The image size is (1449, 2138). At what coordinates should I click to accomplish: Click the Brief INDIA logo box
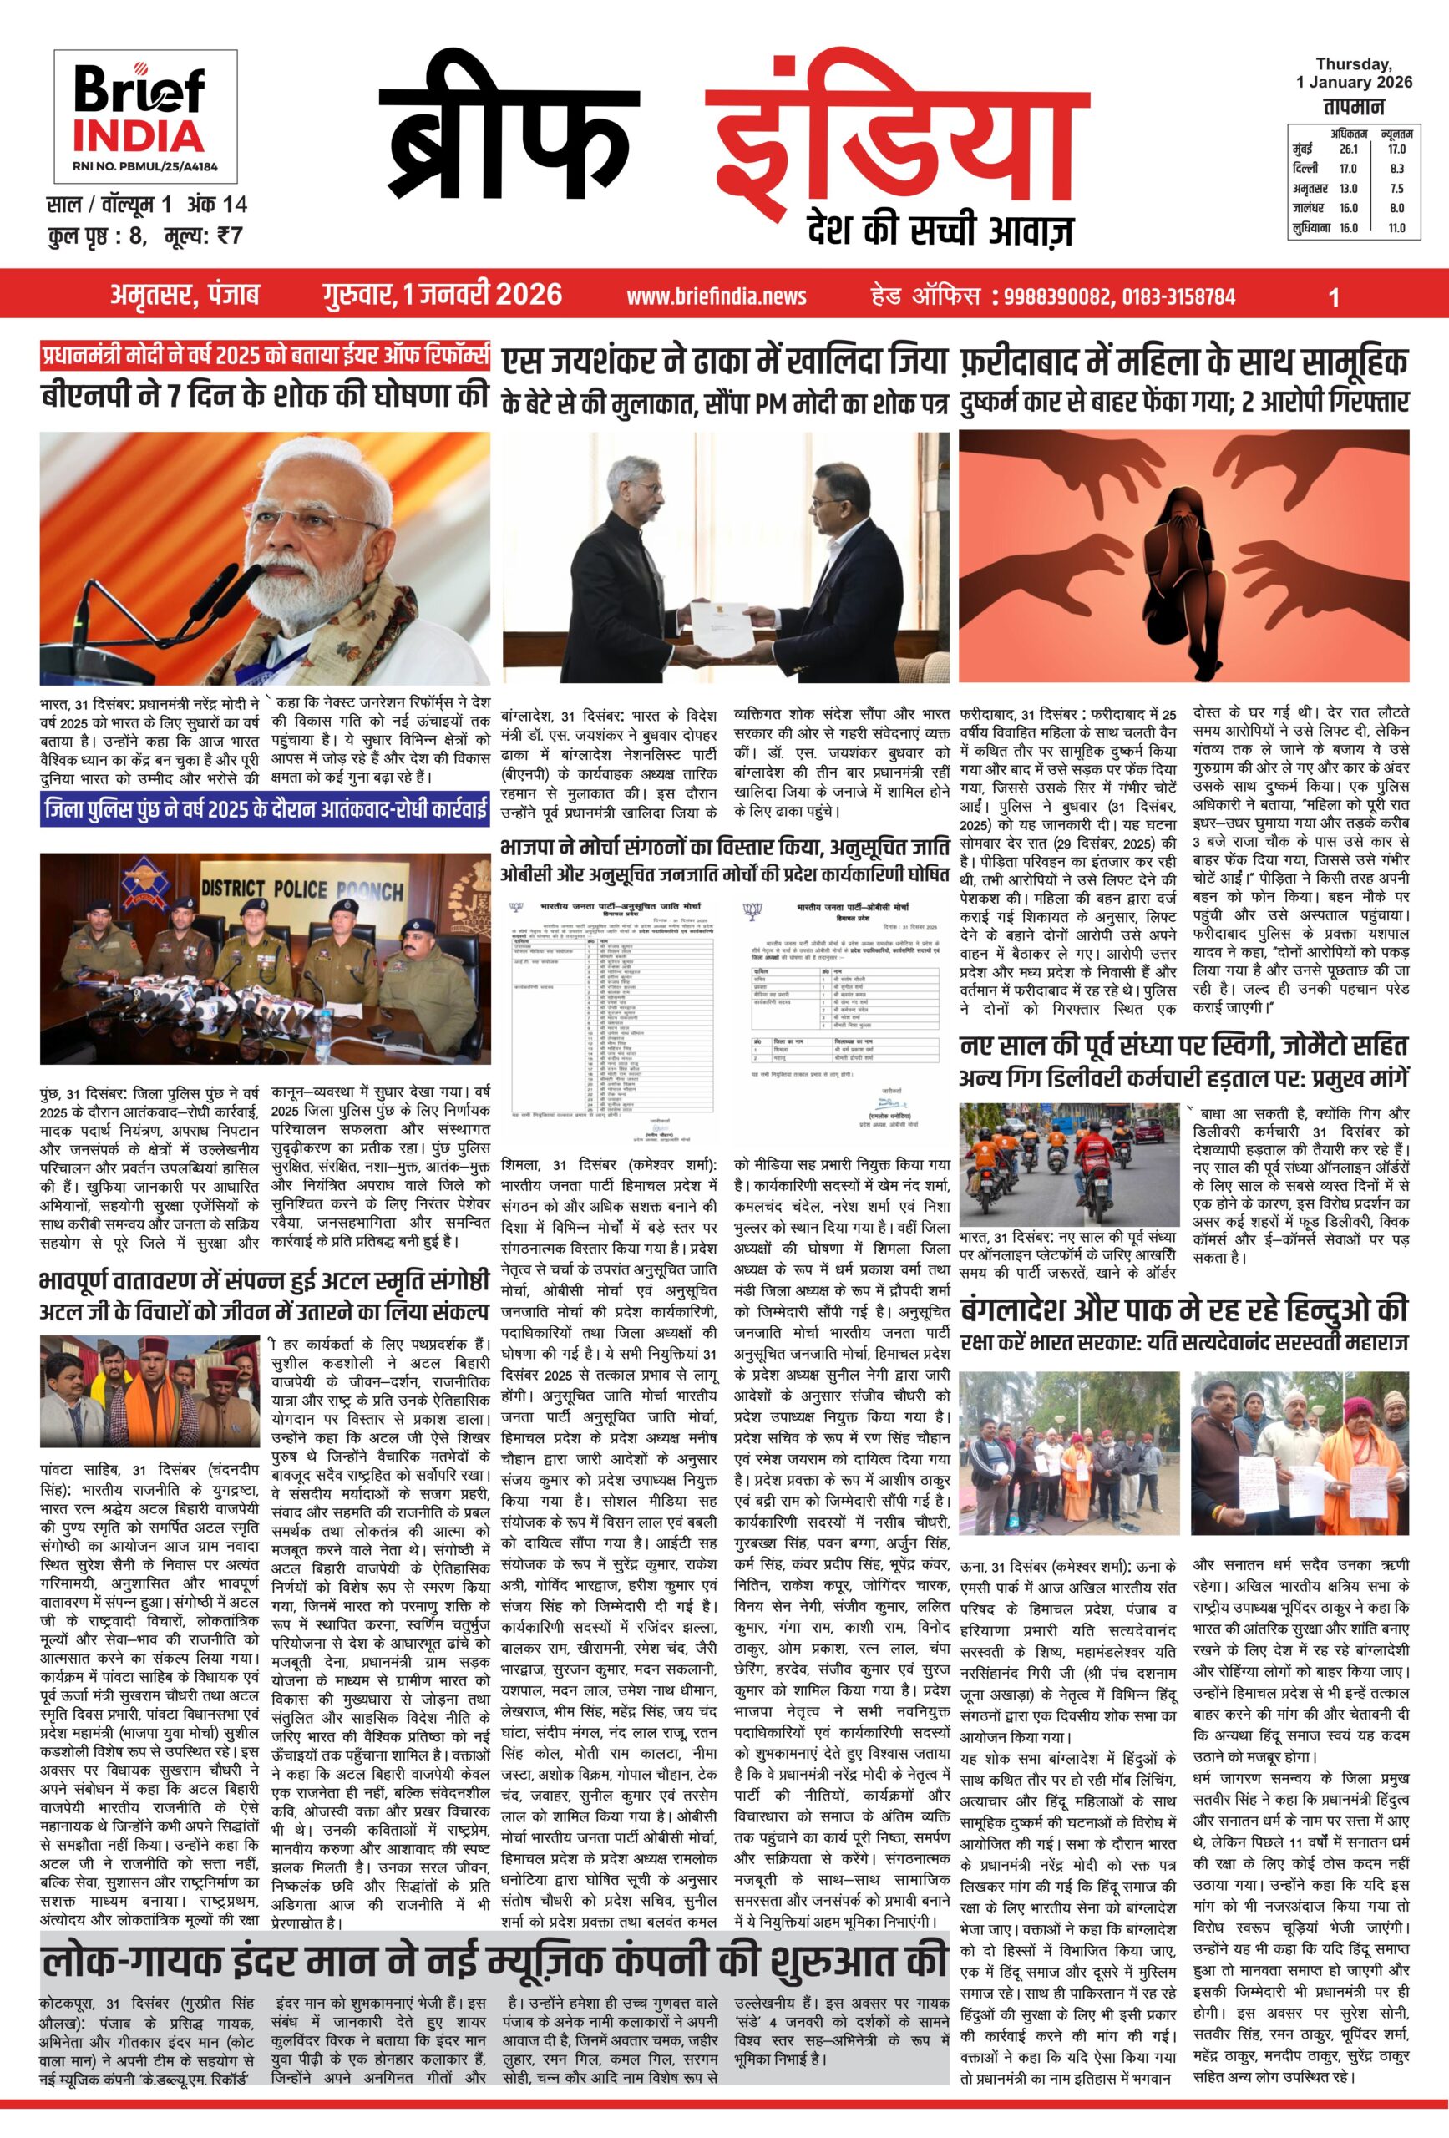coord(145,115)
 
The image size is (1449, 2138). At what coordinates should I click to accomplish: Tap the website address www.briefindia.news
coord(716,296)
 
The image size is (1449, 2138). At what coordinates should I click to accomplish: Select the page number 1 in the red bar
coord(1333,297)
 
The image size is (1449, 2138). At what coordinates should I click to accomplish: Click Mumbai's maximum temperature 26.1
coord(1348,149)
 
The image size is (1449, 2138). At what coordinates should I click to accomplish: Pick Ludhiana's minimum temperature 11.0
coord(1396,228)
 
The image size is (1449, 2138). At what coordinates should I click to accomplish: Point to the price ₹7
coord(230,236)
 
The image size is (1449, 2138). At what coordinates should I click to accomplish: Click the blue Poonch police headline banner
coord(265,809)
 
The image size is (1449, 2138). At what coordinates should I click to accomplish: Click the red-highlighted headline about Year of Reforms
coord(265,356)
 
